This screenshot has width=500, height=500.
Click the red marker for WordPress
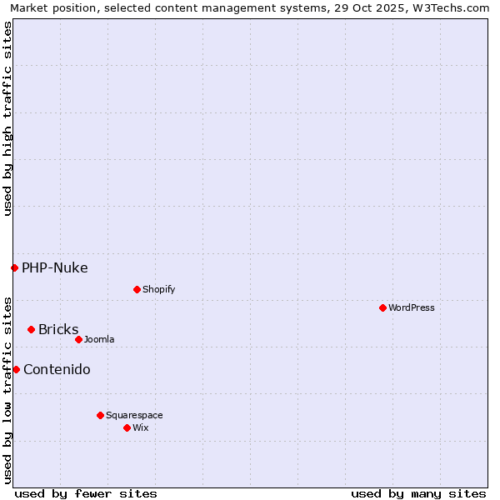[382, 307]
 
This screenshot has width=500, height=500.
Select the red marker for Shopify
[137, 289]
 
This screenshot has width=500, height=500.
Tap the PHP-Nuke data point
[14, 267]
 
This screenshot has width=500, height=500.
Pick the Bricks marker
[31, 329]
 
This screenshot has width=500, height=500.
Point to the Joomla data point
[78, 339]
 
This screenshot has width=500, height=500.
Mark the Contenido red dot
[16, 369]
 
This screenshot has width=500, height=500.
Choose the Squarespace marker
[100, 415]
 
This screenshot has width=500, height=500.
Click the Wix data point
[127, 427]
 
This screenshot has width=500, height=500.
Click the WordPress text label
[412, 307]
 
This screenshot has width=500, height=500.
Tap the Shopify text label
[158, 289]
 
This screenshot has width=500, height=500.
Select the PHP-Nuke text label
[55, 267]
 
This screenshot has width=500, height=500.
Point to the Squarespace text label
[134, 415]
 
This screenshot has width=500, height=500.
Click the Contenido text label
[57, 369]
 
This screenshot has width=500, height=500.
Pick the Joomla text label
[99, 339]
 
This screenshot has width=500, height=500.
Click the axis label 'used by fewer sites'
[86, 493]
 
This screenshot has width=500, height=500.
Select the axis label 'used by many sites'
[418, 493]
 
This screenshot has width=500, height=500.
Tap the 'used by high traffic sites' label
[7, 118]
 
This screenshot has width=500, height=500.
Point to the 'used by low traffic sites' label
[7, 389]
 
